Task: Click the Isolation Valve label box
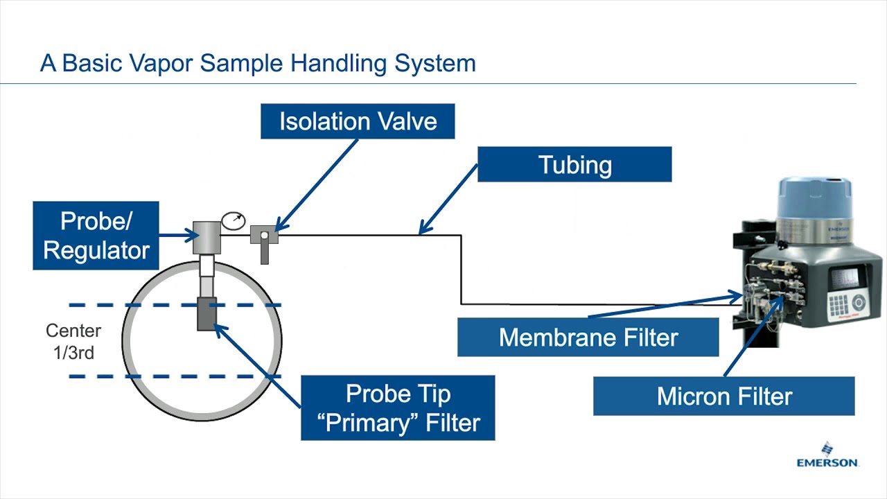click(x=358, y=121)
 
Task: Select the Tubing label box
click(x=574, y=164)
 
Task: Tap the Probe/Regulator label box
click(x=96, y=236)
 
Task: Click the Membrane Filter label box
click(x=588, y=338)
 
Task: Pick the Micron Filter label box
click(x=723, y=396)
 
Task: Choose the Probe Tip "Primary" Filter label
click(x=398, y=408)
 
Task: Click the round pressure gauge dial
click(x=234, y=221)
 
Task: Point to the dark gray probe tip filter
click(x=207, y=314)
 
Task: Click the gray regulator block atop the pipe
click(x=205, y=238)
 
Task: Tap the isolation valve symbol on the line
click(x=264, y=236)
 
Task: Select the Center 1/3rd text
click(x=73, y=341)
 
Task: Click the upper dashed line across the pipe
click(x=173, y=305)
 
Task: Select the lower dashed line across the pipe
click(x=173, y=376)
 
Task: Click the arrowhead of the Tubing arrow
click(x=423, y=231)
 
